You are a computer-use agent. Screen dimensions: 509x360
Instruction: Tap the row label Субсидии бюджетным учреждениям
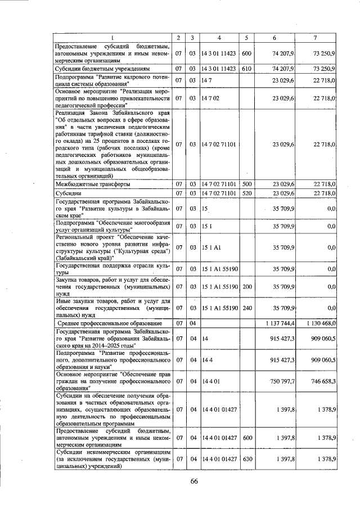click(101, 69)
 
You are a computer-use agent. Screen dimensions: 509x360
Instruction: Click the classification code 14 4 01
click(211, 381)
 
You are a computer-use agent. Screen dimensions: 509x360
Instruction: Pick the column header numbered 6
click(274, 38)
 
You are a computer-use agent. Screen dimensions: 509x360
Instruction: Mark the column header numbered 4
click(219, 38)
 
